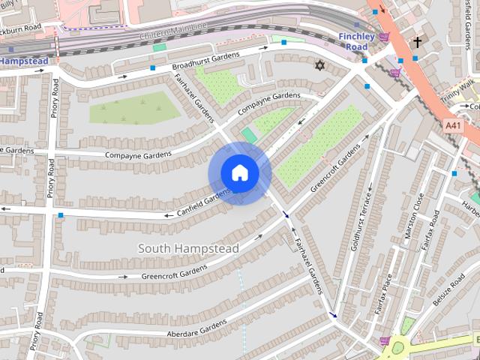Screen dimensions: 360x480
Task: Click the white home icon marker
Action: [239, 172]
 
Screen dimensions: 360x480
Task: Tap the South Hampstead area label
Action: [189, 248]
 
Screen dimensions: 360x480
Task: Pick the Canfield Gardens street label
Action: [203, 199]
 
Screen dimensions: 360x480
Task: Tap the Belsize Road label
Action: [448, 289]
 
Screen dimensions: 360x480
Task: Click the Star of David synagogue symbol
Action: [319, 67]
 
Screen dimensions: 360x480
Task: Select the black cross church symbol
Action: [417, 43]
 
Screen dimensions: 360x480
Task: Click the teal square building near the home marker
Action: [249, 135]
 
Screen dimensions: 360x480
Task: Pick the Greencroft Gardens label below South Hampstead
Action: [174, 272]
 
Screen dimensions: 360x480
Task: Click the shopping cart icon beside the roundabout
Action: [385, 341]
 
